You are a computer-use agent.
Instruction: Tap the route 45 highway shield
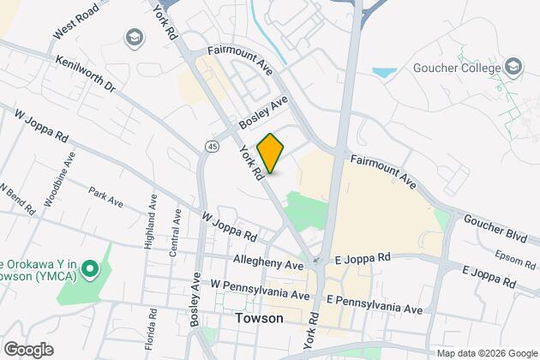pos(210,147)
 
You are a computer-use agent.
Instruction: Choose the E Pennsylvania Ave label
pos(375,303)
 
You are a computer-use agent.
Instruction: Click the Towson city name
pos(260,318)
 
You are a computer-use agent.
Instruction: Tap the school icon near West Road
pos(134,37)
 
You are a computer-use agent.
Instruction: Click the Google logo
pos(27,349)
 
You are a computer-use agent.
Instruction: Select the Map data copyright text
pos(485,353)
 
